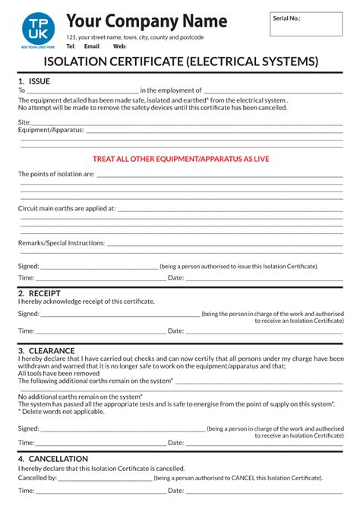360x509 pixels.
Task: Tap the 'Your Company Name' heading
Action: tap(146, 20)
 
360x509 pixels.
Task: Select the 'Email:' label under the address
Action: tap(92, 46)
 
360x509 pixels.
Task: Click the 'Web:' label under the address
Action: tap(120, 46)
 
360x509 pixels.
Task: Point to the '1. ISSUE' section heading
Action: tap(34, 81)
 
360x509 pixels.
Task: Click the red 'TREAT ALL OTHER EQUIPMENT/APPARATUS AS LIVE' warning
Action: tap(181, 159)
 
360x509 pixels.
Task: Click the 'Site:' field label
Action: tap(24, 122)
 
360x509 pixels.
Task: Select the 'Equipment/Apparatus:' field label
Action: tap(50, 130)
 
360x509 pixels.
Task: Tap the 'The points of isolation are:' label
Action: tap(56, 174)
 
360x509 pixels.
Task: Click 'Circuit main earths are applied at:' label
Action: tap(67, 207)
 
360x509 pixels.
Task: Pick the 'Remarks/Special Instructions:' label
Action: tap(62, 243)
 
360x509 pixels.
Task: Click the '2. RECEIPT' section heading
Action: tap(39, 293)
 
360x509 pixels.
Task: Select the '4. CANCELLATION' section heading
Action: tap(52, 459)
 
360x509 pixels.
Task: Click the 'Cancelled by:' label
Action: tap(37, 479)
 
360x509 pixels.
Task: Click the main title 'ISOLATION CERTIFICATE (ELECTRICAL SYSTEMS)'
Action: tap(181, 61)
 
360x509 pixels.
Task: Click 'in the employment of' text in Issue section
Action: tap(171, 90)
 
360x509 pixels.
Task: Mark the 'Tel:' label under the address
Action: tap(71, 46)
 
